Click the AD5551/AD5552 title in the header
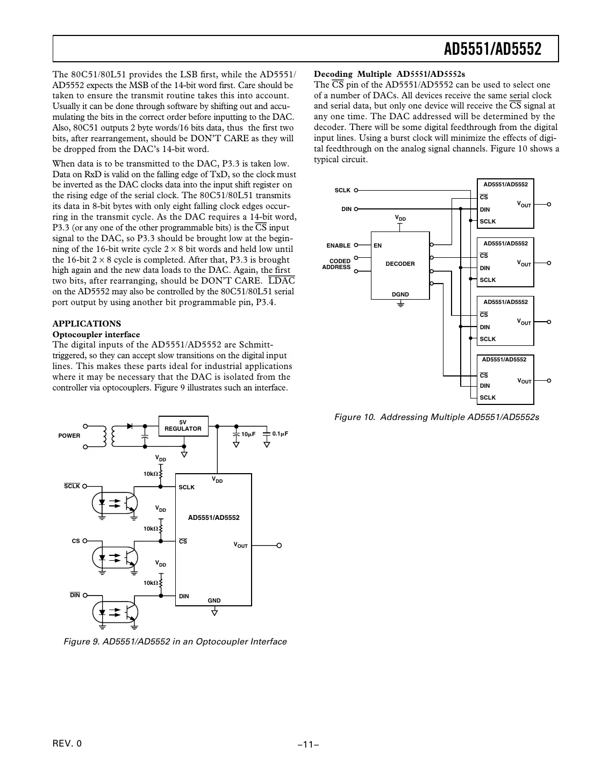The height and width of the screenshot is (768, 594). [492, 49]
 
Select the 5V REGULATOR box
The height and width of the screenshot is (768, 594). [183, 426]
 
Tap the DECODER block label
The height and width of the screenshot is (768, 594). [400, 264]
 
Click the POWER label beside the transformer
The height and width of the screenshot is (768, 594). [69, 436]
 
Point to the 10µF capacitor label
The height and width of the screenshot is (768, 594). [248, 434]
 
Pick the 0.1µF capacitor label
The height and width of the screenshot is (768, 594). [280, 433]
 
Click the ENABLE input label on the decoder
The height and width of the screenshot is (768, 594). [338, 245]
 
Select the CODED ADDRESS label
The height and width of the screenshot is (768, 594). [337, 264]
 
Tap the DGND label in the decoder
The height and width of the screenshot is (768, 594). [400, 294]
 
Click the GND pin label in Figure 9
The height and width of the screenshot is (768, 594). [214, 600]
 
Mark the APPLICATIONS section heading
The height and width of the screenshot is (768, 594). [87, 323]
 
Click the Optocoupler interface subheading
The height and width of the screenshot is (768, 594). [96, 334]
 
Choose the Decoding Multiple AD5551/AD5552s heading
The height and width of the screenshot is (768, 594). [389, 74]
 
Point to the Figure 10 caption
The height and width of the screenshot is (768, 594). [436, 417]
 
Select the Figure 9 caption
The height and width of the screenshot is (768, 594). [175, 641]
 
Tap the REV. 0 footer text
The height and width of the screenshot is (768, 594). [68, 743]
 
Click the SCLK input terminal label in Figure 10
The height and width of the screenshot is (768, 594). [342, 190]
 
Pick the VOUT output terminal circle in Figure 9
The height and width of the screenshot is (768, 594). [279, 546]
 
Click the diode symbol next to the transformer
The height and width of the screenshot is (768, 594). [130, 426]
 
